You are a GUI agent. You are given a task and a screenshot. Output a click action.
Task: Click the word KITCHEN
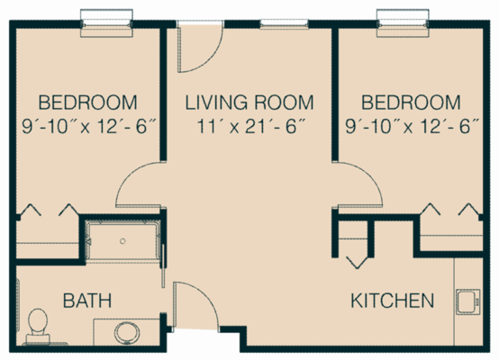click(393, 300)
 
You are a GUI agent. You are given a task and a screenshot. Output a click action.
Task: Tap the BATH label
click(80, 300)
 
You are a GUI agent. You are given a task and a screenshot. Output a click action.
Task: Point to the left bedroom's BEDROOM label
click(87, 101)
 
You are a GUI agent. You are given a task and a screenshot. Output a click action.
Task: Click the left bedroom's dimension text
click(87, 126)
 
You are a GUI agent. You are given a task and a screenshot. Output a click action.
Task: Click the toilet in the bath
click(38, 326)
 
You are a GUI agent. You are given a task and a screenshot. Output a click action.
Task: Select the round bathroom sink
click(126, 331)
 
